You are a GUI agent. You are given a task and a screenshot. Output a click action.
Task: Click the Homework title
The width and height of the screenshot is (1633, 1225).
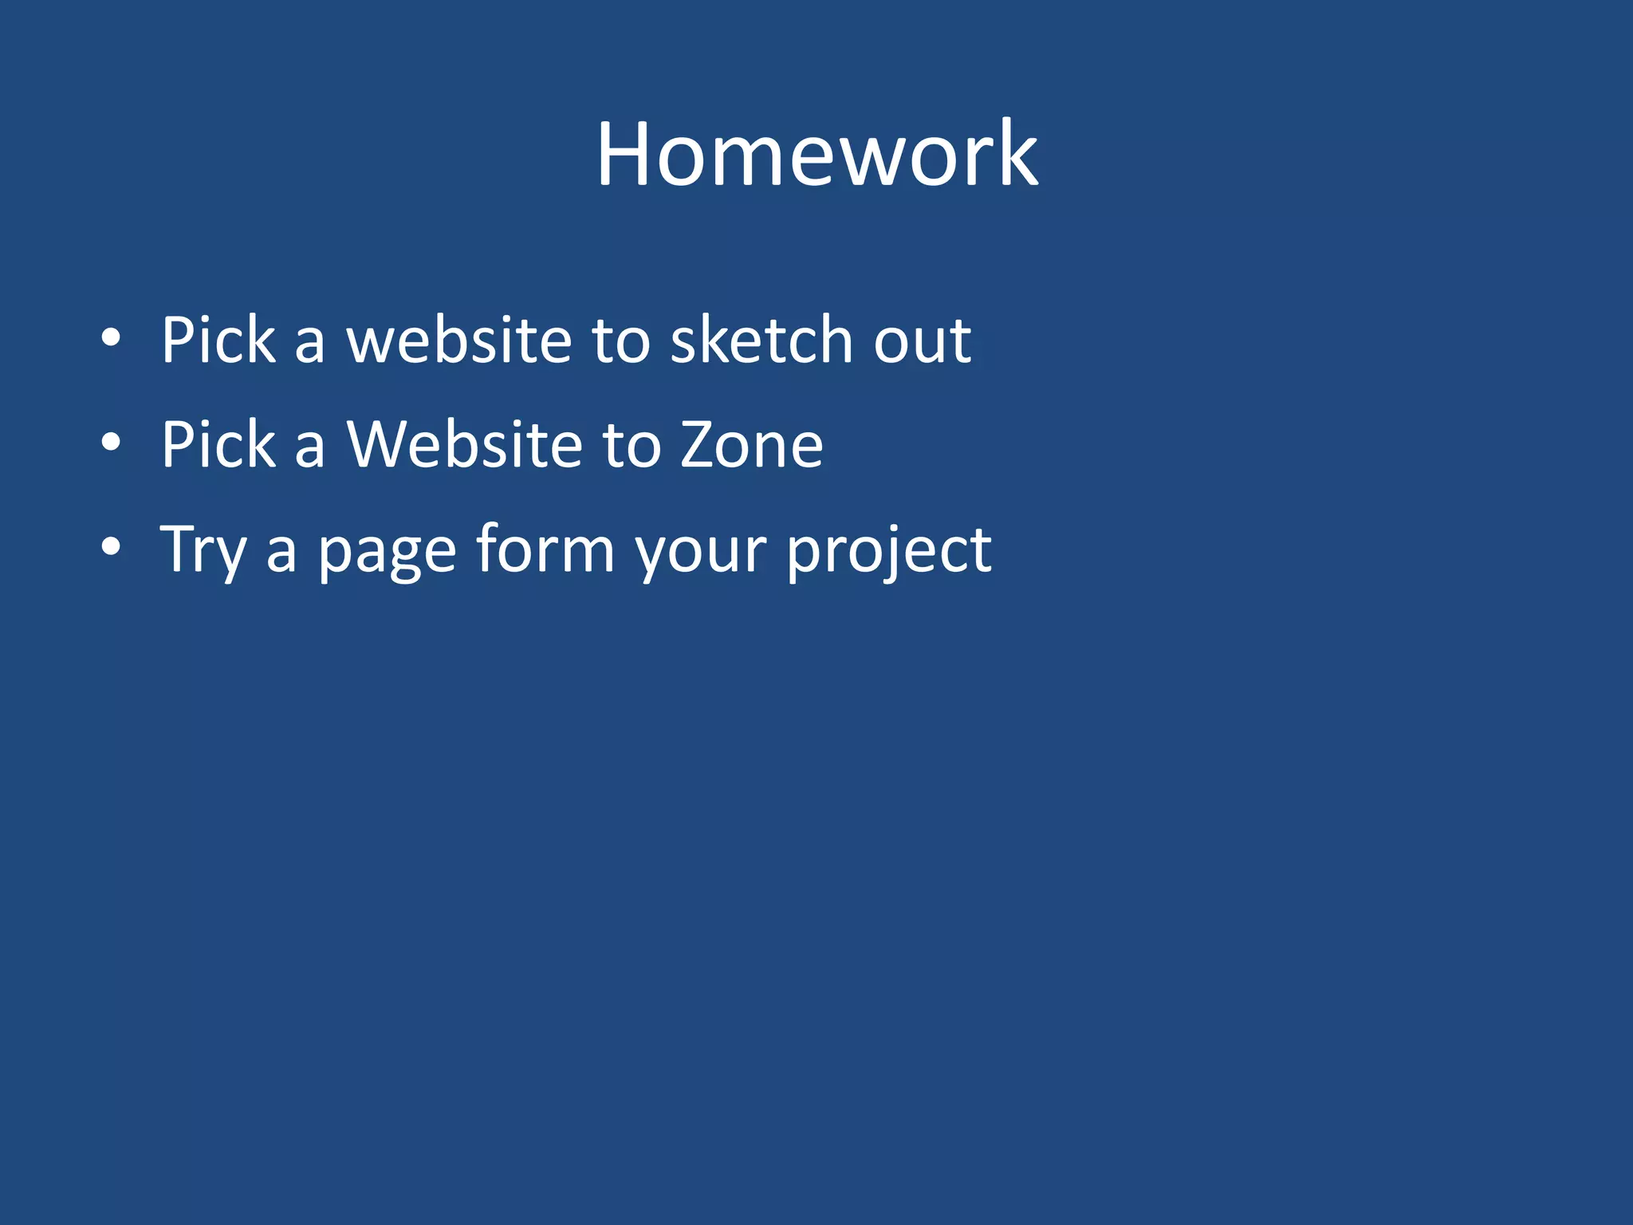click(x=816, y=153)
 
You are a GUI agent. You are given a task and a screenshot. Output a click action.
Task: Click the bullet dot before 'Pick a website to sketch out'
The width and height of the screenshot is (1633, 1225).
click(x=111, y=338)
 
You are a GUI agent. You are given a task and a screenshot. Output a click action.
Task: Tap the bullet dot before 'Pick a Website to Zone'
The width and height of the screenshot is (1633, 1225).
click(x=111, y=443)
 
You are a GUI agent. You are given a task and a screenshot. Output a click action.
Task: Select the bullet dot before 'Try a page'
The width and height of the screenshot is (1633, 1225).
click(x=111, y=547)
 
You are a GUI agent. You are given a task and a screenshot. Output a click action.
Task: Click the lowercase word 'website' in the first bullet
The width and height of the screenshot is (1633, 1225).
click(x=458, y=340)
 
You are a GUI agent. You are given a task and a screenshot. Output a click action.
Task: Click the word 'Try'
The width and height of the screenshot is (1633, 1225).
click(x=203, y=550)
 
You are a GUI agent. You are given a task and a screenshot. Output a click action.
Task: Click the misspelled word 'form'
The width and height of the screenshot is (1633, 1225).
click(x=545, y=549)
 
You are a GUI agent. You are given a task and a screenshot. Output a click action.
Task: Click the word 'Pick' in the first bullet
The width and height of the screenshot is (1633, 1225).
click(x=218, y=340)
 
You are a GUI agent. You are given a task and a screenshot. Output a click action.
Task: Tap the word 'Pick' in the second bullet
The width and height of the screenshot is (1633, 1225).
click(x=218, y=444)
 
